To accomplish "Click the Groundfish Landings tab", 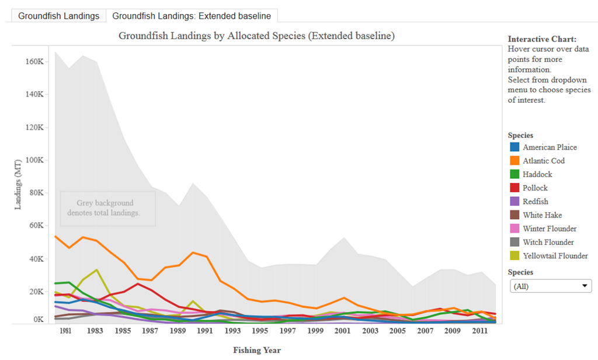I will [58, 16].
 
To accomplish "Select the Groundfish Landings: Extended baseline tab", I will [192, 16].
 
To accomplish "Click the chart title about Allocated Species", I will [257, 36].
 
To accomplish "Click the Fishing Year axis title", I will [257, 350].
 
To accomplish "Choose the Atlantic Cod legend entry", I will [544, 161].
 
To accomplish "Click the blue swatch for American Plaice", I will [514, 147].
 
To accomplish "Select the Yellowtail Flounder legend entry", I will [555, 255].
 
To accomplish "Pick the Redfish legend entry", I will [536, 202].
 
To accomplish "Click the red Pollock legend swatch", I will [514, 188].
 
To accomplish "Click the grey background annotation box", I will [107, 208].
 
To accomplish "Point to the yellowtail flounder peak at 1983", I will [96, 270].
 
